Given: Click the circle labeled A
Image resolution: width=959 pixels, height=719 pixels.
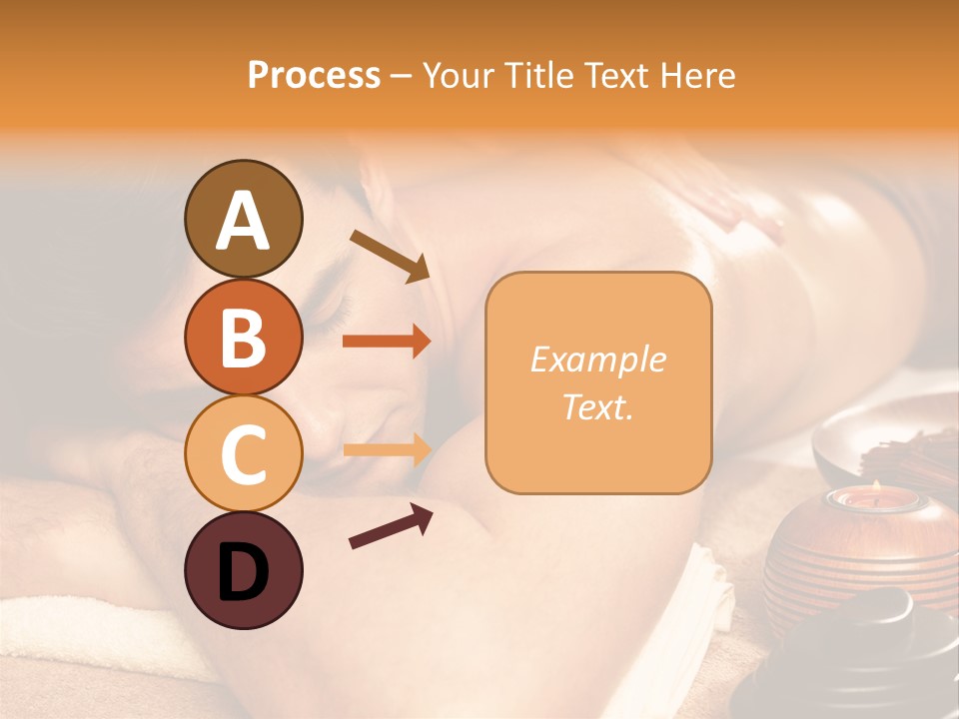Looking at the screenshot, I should coord(243,220).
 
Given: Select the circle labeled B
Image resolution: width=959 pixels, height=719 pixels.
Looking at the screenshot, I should coord(243,338).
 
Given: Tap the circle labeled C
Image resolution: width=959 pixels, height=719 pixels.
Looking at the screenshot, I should coord(243,453).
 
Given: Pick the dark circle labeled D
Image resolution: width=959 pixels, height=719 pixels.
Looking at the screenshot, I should coord(243,571).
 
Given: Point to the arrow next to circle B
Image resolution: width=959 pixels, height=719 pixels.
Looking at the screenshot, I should coord(387,342).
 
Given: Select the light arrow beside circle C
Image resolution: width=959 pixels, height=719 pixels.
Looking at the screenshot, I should coord(387,450).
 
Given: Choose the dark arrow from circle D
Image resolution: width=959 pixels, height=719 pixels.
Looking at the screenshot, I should coord(390,526).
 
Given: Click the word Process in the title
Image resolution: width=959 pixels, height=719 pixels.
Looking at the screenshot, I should coord(314,75).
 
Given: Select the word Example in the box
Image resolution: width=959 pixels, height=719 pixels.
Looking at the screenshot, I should coord(597,359).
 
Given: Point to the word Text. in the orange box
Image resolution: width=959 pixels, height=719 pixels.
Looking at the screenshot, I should coord(597,406).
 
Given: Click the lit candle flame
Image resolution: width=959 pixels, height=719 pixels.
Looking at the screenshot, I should coord(875,488).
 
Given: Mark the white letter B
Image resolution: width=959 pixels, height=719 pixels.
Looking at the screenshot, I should coord(243,338).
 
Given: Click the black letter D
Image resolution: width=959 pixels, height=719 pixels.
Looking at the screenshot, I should coord(243,571).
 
